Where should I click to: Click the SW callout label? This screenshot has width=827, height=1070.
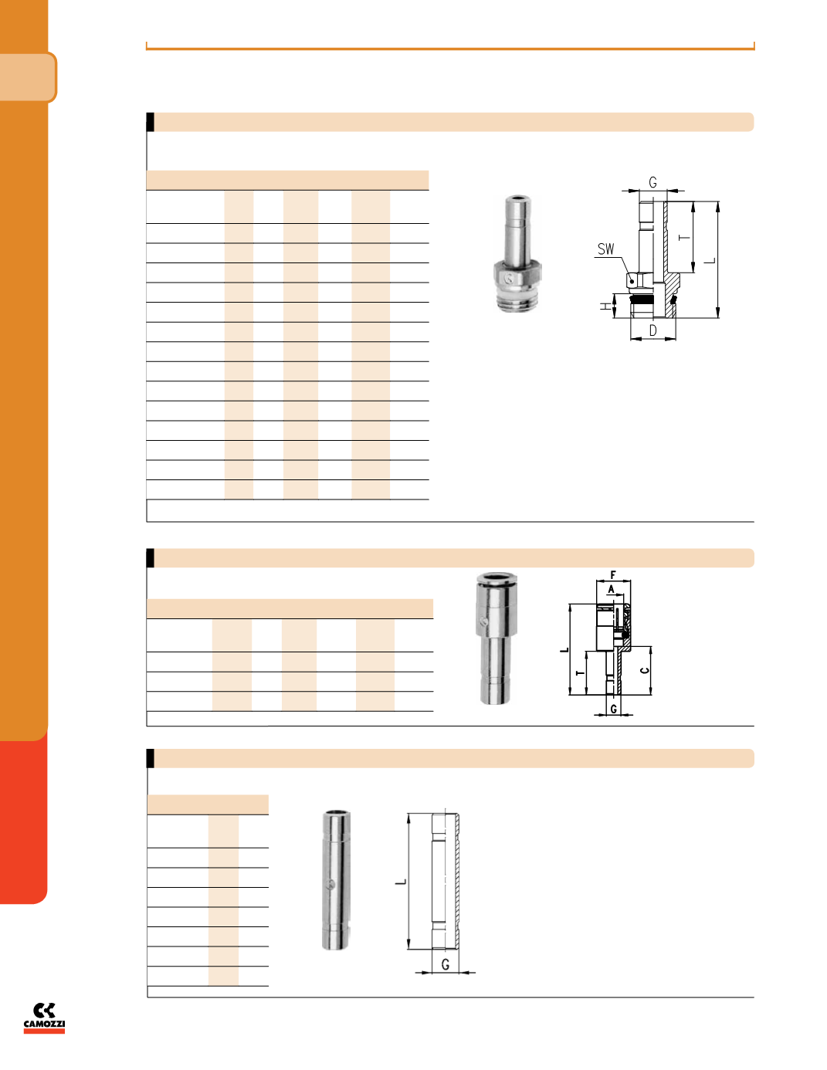click(605, 249)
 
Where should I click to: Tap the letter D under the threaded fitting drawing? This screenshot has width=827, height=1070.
click(652, 330)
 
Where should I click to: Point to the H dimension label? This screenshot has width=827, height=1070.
click(605, 306)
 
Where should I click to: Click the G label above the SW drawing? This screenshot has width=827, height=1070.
click(652, 182)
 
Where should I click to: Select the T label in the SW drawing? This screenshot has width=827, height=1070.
click(684, 237)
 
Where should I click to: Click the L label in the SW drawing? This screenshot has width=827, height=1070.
click(710, 260)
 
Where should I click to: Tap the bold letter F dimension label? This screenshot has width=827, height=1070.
click(613, 574)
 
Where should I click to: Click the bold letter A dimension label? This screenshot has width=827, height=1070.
click(612, 589)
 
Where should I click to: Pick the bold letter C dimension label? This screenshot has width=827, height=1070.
click(645, 670)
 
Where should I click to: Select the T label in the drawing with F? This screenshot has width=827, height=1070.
click(581, 672)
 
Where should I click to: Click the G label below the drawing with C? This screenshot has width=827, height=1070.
click(614, 709)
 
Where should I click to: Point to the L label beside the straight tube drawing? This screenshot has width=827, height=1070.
click(402, 882)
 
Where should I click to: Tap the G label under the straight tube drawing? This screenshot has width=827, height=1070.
click(446, 965)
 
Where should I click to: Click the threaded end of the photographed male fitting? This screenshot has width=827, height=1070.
click(517, 300)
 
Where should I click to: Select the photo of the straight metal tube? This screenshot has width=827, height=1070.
click(336, 880)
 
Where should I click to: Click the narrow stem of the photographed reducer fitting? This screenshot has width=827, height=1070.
click(496, 673)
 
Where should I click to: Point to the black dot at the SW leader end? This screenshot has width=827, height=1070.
click(632, 282)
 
